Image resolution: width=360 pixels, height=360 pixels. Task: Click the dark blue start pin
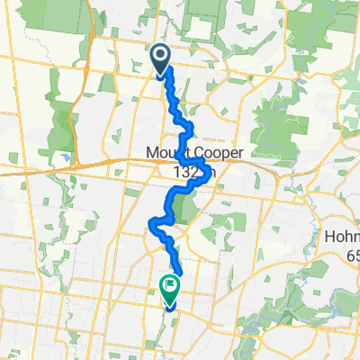coord(161,58)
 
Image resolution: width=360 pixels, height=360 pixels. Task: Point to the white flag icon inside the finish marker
coord(169,284)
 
